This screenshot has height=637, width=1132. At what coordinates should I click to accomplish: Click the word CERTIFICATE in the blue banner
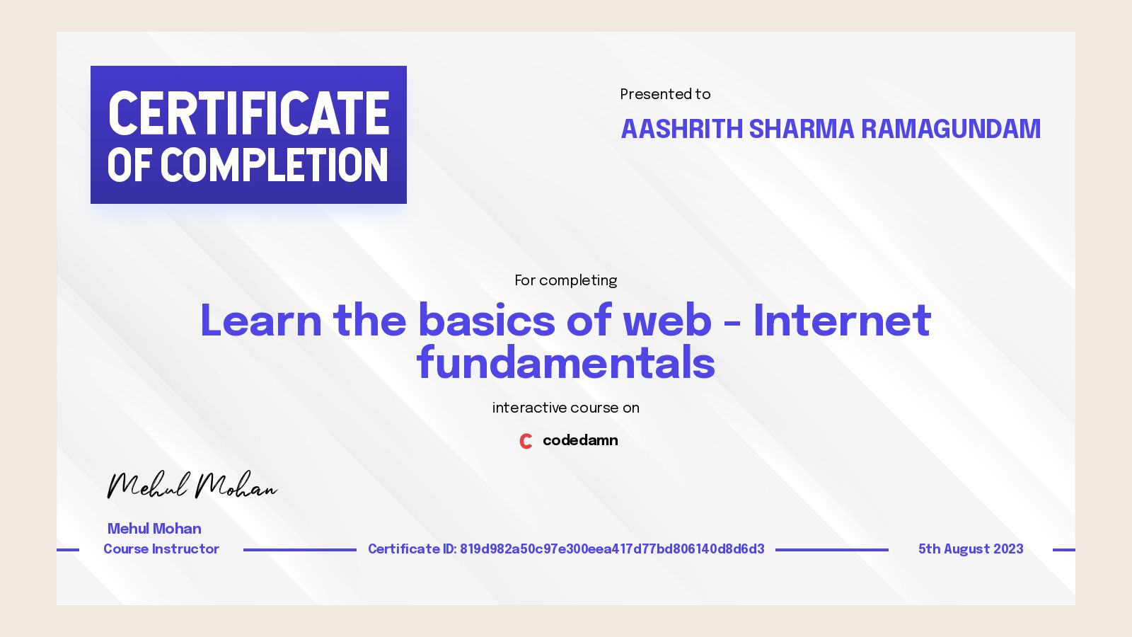[x=248, y=113]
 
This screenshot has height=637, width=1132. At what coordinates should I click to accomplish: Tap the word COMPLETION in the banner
[x=274, y=166]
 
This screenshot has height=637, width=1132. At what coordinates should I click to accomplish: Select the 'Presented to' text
[x=665, y=94]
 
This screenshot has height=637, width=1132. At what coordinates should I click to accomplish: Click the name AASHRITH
[x=681, y=129]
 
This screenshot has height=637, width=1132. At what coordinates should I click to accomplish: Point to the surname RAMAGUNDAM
[x=950, y=129]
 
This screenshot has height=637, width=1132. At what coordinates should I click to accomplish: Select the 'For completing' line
[x=566, y=280]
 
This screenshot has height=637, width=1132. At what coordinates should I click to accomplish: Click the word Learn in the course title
[x=261, y=320]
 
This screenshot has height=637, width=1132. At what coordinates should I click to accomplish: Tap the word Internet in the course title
[x=842, y=320]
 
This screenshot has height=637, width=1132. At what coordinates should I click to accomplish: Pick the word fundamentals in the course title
[x=566, y=363]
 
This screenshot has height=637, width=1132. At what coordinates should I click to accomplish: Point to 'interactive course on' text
[x=566, y=408]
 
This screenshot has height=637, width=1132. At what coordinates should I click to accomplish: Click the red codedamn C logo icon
[x=526, y=441]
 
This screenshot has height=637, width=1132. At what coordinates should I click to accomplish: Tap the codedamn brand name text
[x=580, y=440]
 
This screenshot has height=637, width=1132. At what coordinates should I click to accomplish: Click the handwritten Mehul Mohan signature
[x=191, y=486]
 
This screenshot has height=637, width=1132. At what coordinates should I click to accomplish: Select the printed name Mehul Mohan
[x=154, y=529]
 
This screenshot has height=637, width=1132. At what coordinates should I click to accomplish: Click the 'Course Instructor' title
[x=161, y=549]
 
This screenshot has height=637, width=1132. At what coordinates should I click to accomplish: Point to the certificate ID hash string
[x=612, y=549]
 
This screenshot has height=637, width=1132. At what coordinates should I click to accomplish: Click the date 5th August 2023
[x=971, y=549]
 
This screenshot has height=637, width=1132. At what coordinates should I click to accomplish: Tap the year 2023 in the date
[x=1008, y=549]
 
